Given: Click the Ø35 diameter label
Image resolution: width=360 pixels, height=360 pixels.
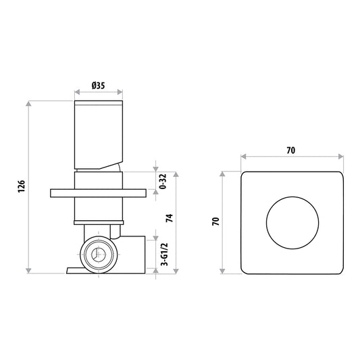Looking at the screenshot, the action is tap(98, 86).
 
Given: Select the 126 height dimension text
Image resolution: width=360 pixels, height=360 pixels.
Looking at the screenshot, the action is tap(22, 186).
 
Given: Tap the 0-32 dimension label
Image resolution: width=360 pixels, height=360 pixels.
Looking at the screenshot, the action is tap(163, 182).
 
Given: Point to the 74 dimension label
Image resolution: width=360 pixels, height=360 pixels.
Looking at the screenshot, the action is tap(170, 218).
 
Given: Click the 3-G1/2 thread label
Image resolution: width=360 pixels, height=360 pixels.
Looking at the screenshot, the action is tap(164, 254).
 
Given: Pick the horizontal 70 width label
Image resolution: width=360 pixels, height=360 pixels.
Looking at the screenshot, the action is tap(291, 151).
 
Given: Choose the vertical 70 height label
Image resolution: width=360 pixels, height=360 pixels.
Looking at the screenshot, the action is tap(216, 222).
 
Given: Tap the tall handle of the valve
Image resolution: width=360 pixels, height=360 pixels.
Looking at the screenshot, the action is tap(99, 135).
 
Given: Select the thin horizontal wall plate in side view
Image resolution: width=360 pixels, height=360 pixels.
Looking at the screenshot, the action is tap(98, 193).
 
